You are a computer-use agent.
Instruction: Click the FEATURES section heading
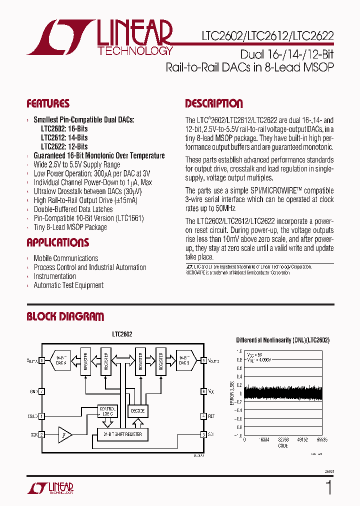(x=48, y=104)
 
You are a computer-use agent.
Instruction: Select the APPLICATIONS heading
(x=57, y=243)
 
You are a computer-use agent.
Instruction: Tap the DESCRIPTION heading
(x=214, y=104)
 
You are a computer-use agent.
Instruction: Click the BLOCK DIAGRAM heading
(x=65, y=316)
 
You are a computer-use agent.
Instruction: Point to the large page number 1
(x=328, y=487)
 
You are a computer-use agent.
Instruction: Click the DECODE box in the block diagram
(x=138, y=411)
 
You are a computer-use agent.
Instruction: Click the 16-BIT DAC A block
(x=61, y=361)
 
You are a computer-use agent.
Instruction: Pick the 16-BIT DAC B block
(x=183, y=361)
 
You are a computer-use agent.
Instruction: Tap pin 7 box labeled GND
(x=42, y=391)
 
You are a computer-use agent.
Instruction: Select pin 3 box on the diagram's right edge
(x=203, y=434)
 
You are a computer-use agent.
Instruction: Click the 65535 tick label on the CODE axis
(x=322, y=440)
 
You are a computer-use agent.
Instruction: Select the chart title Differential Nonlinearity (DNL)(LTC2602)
(x=282, y=340)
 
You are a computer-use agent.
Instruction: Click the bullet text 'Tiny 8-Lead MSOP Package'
(x=70, y=227)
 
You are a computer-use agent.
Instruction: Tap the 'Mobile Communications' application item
(x=65, y=258)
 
